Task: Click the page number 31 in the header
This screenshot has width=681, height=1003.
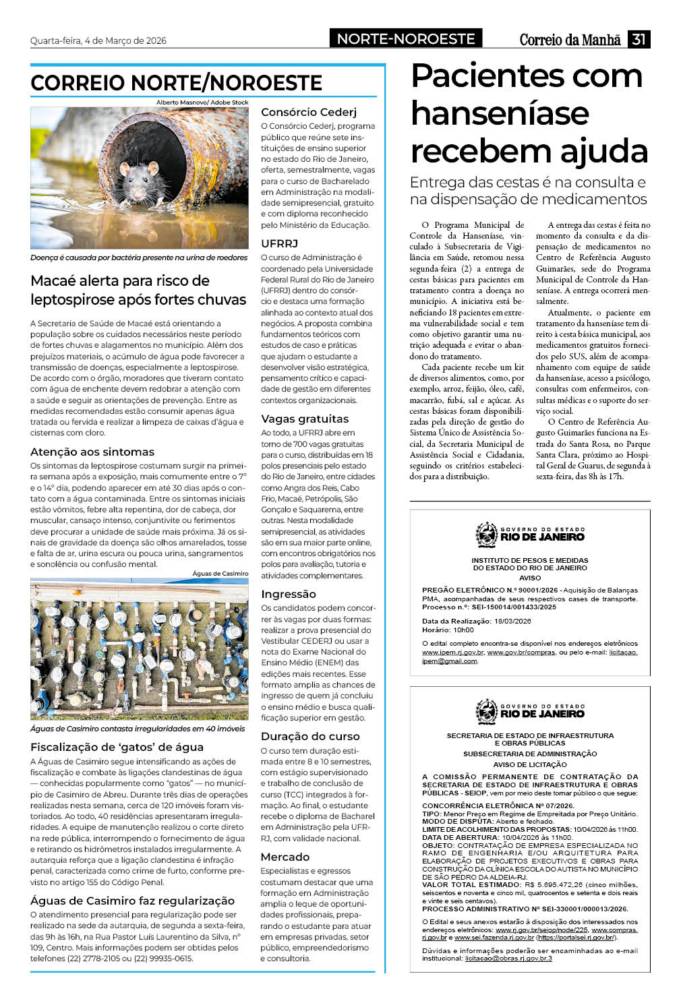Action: [639, 39]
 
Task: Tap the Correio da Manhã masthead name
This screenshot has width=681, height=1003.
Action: [570, 40]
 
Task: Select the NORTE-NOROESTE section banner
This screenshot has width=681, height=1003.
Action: [406, 39]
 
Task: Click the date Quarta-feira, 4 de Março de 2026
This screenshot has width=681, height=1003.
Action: [98, 40]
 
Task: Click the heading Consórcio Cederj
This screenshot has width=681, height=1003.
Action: [309, 112]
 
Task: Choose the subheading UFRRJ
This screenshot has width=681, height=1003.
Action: [279, 243]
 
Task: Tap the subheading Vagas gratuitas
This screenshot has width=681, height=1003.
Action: [305, 419]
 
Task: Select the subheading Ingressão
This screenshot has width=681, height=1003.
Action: [288, 594]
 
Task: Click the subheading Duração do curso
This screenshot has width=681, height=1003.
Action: [310, 736]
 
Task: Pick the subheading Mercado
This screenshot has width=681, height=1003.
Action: [285, 857]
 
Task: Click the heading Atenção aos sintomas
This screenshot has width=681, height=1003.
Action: [92, 452]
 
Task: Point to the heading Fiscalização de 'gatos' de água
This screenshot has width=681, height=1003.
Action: [117, 747]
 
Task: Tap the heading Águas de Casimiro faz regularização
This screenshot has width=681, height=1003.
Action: [132, 901]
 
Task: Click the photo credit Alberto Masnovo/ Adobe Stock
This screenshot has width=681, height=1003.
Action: [202, 102]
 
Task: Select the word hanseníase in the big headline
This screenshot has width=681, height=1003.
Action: [500, 113]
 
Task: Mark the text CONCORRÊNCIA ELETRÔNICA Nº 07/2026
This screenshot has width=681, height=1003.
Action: [498, 806]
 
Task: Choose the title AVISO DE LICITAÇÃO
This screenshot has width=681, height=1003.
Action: [530, 764]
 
